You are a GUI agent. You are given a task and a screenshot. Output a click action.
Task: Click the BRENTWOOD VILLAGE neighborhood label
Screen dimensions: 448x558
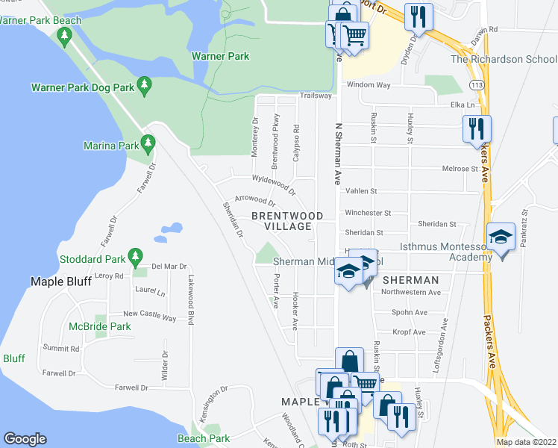pyautogui.click(x=287, y=221)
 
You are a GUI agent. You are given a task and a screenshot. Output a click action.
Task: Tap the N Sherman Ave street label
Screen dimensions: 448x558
pyautogui.click(x=338, y=153)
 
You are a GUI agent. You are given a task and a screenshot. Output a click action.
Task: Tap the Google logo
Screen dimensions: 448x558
pyautogui.click(x=25, y=439)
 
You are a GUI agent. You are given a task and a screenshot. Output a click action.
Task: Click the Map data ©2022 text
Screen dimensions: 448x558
pyautogui.click(x=526, y=442)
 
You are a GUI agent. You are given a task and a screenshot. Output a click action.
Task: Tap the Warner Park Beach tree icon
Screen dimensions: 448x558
pyautogui.click(x=65, y=34)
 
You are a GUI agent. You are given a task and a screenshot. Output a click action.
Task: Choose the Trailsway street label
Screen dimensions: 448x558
pyautogui.click(x=316, y=96)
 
